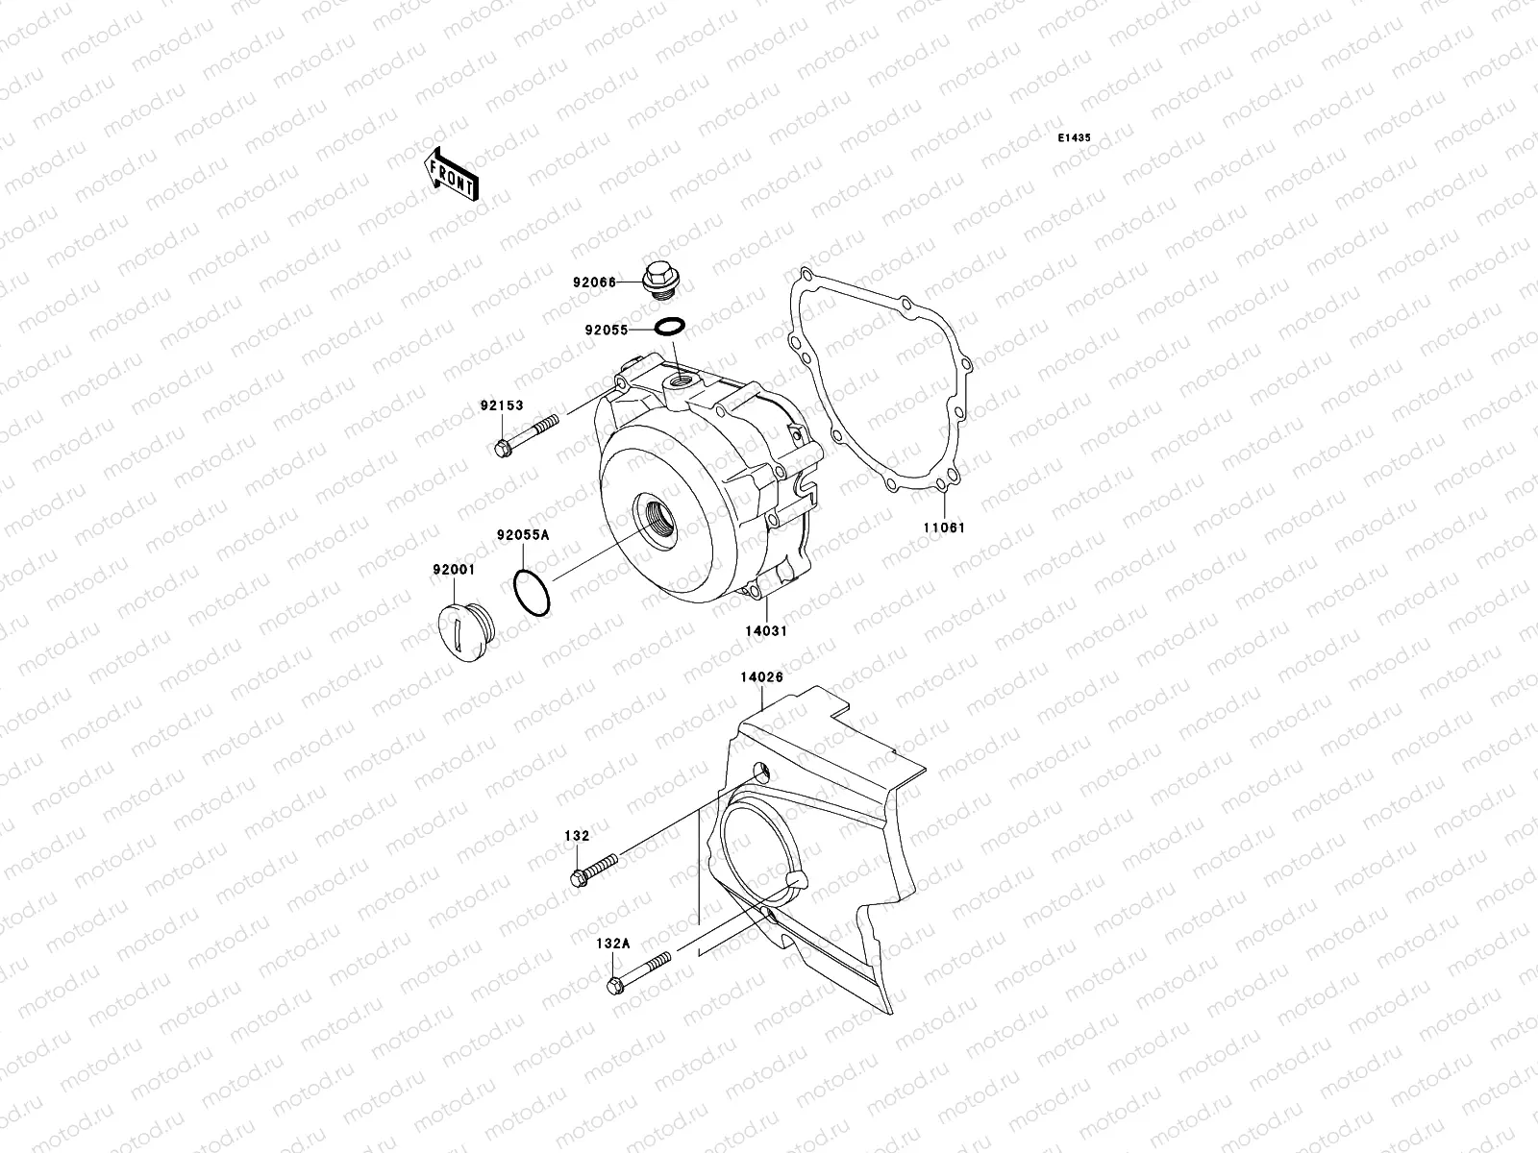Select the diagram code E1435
pyautogui.click(x=1075, y=138)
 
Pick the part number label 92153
pyautogui.click(x=502, y=405)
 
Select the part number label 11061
pyautogui.click(x=944, y=527)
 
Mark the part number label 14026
pyautogui.click(x=761, y=676)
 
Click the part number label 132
pyautogui.click(x=576, y=836)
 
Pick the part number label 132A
pyautogui.click(x=611, y=944)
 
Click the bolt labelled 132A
pyautogui.click(x=639, y=971)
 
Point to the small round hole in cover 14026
pyautogui.click(x=761, y=772)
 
